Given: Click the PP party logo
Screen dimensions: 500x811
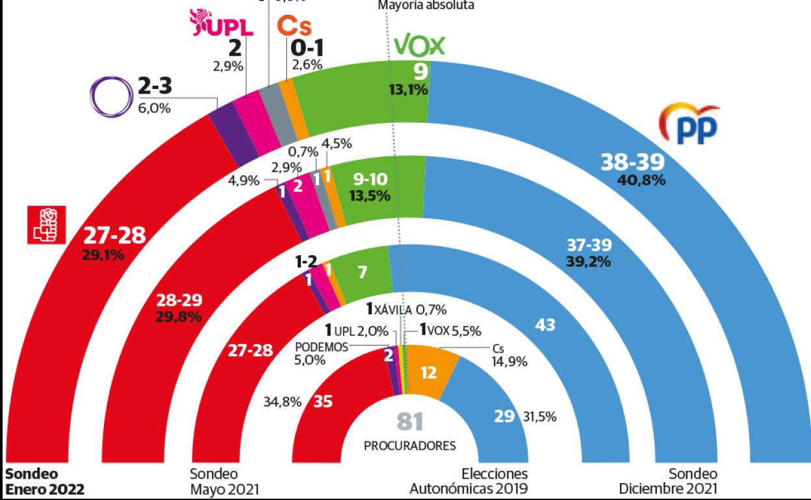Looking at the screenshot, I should pyautogui.click(x=689, y=125).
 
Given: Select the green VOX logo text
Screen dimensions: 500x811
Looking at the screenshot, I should pyautogui.click(x=419, y=46).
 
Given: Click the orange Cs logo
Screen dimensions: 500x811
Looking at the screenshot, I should pyautogui.click(x=294, y=27).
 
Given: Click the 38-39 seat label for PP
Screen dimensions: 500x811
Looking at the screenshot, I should pyautogui.click(x=632, y=162).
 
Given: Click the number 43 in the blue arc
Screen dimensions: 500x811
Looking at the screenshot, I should pyautogui.click(x=545, y=324).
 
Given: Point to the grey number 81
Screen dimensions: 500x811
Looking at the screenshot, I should pyautogui.click(x=409, y=422).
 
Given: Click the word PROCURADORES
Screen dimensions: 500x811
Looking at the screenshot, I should pyautogui.click(x=409, y=446).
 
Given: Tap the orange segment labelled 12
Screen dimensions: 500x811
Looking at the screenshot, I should pyautogui.click(x=428, y=373).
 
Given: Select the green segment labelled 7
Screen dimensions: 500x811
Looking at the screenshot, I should pyautogui.click(x=362, y=271).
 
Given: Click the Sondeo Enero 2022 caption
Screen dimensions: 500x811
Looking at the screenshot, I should pyautogui.click(x=45, y=481).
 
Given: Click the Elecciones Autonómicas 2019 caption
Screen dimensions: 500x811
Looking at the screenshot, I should pyautogui.click(x=468, y=481).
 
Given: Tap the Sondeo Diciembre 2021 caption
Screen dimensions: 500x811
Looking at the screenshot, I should pyautogui.click(x=668, y=481).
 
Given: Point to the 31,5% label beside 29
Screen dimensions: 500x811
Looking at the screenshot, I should pyautogui.click(x=540, y=417).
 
